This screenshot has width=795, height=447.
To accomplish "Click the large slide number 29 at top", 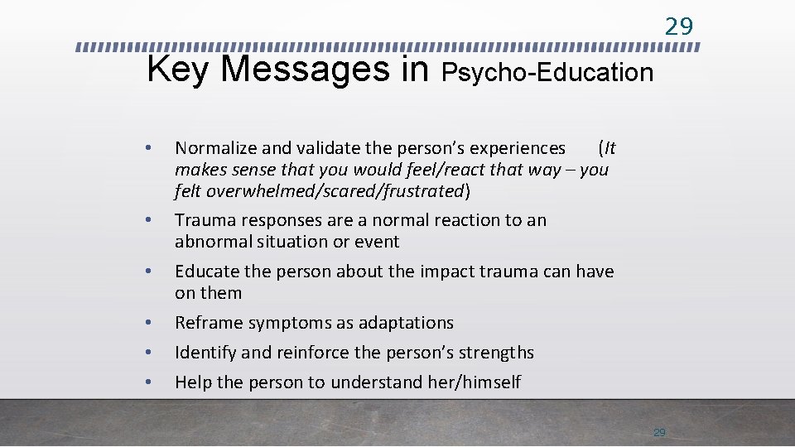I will [x=679, y=26].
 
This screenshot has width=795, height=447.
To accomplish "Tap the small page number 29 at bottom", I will [x=659, y=432].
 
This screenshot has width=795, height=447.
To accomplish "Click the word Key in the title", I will [x=179, y=70].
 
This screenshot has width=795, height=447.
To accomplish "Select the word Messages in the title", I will [x=310, y=70].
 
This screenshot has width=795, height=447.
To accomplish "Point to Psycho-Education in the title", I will [x=547, y=73].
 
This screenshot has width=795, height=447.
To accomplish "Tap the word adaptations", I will [x=406, y=323].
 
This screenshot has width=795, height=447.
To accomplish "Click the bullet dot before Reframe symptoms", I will [x=147, y=322].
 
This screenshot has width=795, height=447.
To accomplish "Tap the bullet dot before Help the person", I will [x=147, y=382].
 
